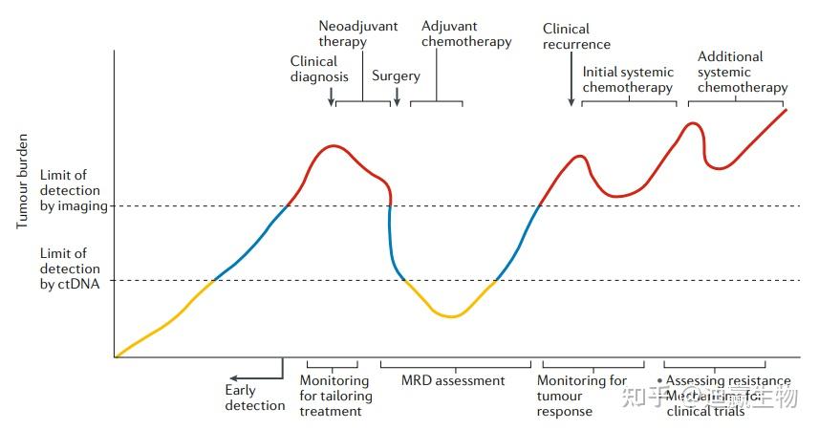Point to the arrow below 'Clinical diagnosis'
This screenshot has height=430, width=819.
pos(330,97)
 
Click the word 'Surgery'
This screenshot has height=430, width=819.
pos(396,76)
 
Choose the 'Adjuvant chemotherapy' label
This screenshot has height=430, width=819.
pos(466,33)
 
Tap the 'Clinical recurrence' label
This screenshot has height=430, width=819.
pos(576,36)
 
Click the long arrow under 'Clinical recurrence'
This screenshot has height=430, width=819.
pos(571,81)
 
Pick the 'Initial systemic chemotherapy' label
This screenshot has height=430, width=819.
pos(628,79)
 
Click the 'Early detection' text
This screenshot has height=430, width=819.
pos(255,398)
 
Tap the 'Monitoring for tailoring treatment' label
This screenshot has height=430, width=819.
pos(334,396)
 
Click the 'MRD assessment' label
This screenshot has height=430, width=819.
pos(454,381)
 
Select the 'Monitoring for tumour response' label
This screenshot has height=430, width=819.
pos(582,396)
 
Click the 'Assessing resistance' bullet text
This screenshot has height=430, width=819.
pos(727,381)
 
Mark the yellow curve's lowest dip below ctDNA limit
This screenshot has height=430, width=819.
pos(450,316)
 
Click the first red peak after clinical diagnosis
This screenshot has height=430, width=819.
pos(332,146)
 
